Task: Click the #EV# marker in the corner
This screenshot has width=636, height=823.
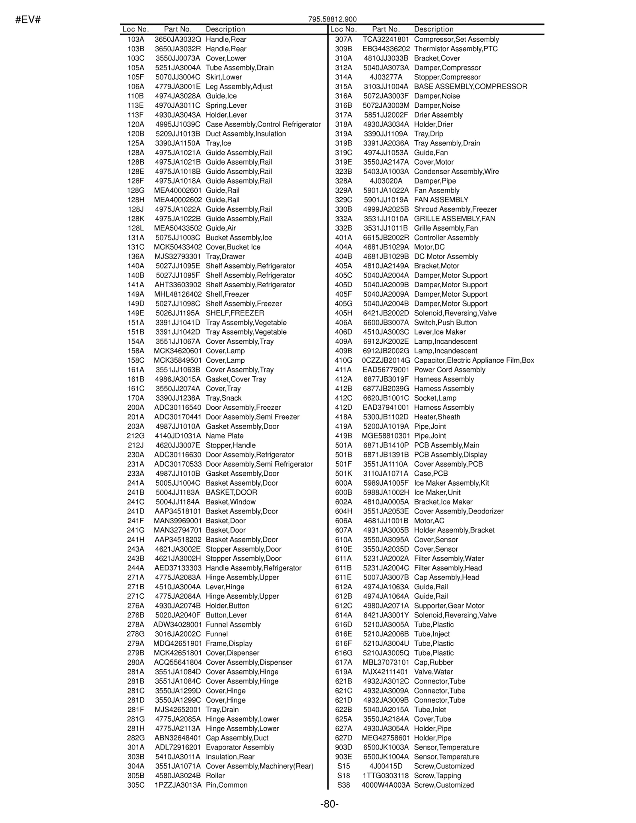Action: [x=28, y=19]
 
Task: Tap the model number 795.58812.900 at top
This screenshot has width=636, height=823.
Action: [x=332, y=19]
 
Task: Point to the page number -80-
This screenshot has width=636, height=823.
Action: [x=330, y=804]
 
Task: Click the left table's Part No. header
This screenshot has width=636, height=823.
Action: [x=178, y=29]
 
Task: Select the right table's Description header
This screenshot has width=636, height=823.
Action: [x=434, y=29]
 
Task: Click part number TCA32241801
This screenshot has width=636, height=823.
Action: [x=386, y=39]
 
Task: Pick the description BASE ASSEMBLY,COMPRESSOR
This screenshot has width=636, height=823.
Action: [x=470, y=87]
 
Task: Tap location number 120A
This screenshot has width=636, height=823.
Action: [x=136, y=124]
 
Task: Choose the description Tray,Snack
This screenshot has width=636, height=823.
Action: [x=223, y=398]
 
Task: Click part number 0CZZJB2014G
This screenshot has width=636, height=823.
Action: [x=386, y=360]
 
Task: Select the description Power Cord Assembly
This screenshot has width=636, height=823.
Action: [x=450, y=370]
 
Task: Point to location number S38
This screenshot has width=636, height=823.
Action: [x=343, y=785]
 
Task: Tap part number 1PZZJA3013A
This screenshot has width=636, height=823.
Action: [x=178, y=785]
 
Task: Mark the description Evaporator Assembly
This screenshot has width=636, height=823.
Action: [x=240, y=747]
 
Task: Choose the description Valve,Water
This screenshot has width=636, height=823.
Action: [x=433, y=672]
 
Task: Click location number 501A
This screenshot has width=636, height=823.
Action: [x=343, y=445]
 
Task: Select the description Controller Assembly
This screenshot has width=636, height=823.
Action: [x=446, y=238]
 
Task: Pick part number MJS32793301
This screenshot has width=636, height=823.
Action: [x=178, y=256]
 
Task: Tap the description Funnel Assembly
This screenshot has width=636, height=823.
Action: [x=233, y=625]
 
